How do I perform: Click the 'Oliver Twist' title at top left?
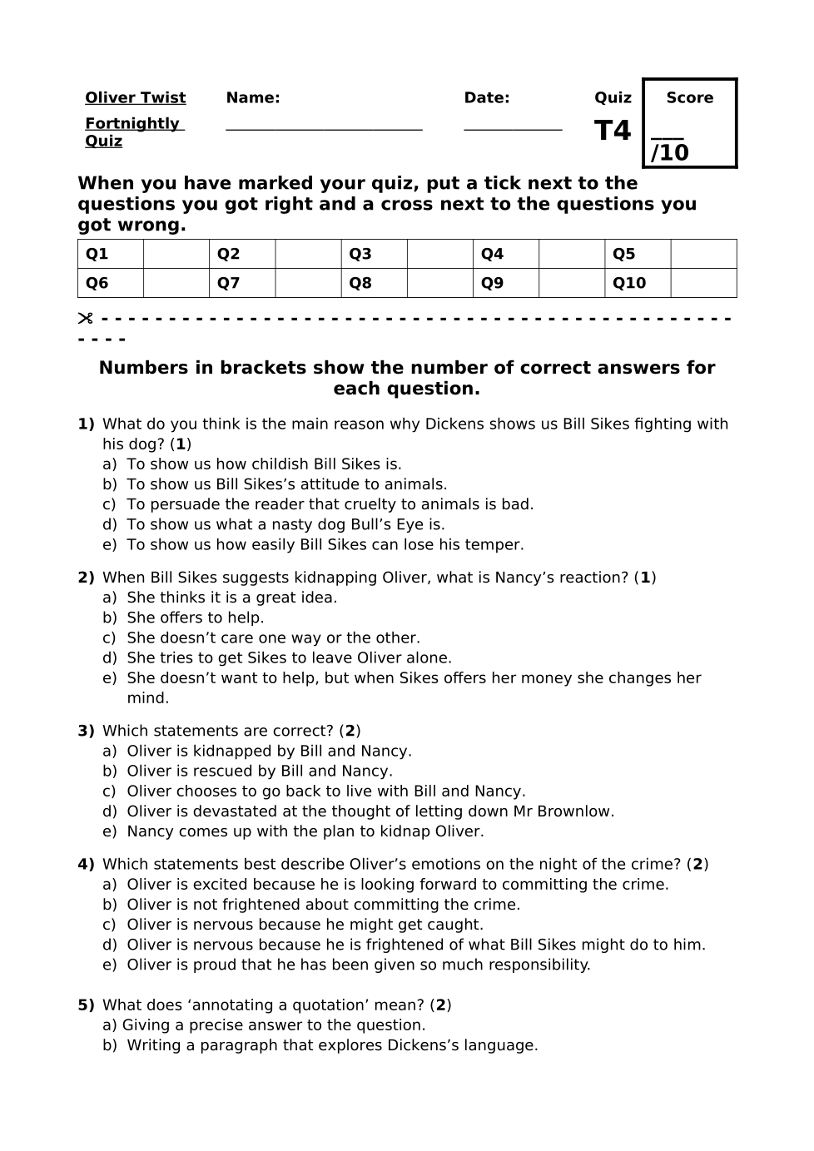pos(135,98)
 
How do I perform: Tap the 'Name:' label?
pos(253,98)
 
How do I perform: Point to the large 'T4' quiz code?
pos(613,131)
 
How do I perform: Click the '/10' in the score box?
pos(670,153)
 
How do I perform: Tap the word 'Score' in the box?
pos(689,98)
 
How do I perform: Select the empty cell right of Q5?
pos(703,254)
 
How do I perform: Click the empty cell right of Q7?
pos(308,283)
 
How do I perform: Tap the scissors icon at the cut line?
pos(85,319)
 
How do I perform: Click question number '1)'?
pos(87,424)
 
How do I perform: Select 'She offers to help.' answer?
pos(195,618)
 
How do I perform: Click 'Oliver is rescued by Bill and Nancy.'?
pos(259,771)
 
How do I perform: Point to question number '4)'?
pos(87,865)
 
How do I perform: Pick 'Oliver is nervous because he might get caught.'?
pos(305,925)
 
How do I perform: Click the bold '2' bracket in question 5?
pos(441,1005)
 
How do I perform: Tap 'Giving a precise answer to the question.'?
pos(274,1025)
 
